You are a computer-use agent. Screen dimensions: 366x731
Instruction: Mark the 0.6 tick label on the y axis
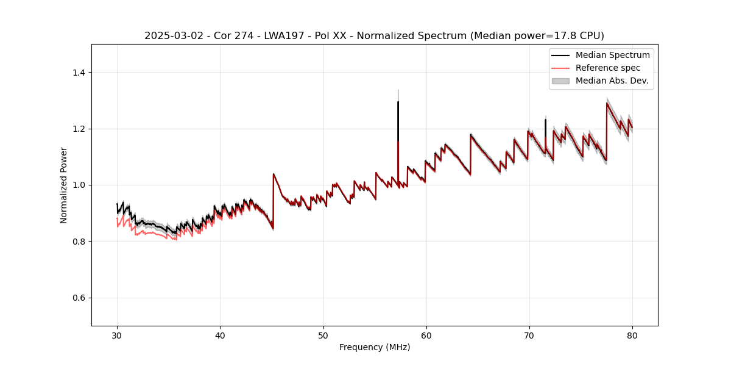point(79,298)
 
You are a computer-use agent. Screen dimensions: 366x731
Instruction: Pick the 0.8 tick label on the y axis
point(79,242)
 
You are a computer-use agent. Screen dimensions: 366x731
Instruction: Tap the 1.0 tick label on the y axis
point(79,185)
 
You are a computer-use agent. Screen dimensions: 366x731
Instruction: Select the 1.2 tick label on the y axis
point(79,129)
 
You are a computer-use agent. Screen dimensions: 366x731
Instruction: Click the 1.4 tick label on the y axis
point(79,73)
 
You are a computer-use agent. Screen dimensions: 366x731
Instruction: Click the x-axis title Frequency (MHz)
point(375,347)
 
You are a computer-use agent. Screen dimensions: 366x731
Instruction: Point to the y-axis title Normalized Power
point(64,185)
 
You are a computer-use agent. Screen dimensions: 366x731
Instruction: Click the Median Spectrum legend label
point(612,55)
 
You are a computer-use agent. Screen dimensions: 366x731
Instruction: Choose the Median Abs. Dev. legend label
point(612,81)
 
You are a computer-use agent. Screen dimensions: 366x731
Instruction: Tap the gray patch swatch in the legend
point(560,81)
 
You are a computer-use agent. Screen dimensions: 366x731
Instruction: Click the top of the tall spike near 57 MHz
point(398,102)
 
